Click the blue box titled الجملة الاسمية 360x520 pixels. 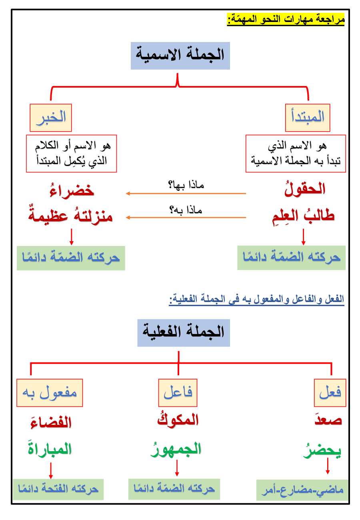pyautogui.click(x=180, y=56)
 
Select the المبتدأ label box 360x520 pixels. pyautogui.click(x=308, y=118)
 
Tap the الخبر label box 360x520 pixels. pyautogui.click(x=51, y=118)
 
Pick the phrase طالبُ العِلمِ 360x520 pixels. pyautogui.click(x=302, y=216)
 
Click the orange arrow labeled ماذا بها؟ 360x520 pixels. pyautogui.click(x=186, y=194)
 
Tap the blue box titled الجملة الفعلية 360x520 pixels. pyautogui.click(x=183, y=333)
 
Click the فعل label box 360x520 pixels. pyautogui.click(x=330, y=392)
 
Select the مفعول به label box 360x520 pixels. pyautogui.click(x=50, y=392)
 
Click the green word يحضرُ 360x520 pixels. pyautogui.click(x=322, y=450)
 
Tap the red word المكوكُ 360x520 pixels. pyautogui.click(x=178, y=420)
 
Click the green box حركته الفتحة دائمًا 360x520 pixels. pyautogui.click(x=58, y=489)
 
